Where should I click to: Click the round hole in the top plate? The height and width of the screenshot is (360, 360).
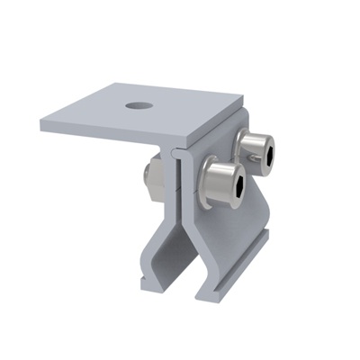coord(137,106)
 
